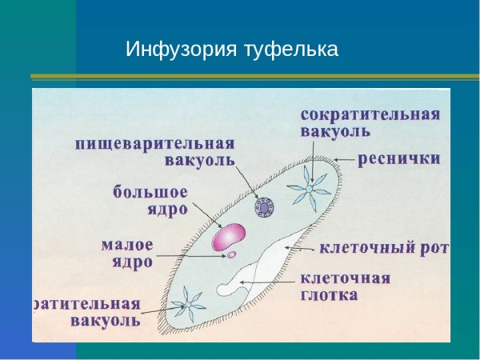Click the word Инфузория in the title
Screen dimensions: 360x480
(180, 50)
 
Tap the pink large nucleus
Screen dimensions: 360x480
(229, 236)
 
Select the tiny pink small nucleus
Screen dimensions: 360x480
(232, 255)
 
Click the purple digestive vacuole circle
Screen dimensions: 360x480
(265, 209)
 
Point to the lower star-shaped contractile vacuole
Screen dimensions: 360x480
(190, 306)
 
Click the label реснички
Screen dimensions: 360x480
(398, 158)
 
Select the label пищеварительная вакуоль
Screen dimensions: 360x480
(155, 151)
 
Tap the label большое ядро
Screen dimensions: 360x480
(150, 200)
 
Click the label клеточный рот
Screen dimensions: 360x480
(384, 248)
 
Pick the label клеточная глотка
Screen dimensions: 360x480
(345, 286)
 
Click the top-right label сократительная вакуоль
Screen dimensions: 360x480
(370, 122)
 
